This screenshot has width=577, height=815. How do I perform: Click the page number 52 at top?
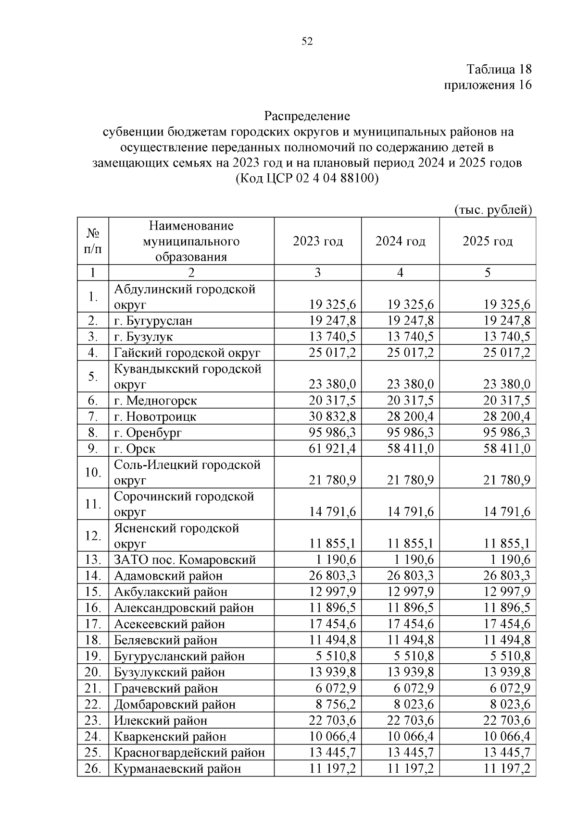[307, 42]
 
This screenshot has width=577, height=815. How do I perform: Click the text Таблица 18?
[499, 69]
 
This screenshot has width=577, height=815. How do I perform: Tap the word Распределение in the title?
[307, 116]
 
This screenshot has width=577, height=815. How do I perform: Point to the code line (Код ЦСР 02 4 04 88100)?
[307, 179]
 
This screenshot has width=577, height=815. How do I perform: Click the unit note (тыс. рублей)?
[493, 210]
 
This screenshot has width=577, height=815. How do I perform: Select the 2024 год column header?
[400, 241]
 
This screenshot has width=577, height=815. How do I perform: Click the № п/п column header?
[93, 241]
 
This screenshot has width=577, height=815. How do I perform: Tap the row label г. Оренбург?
[148, 433]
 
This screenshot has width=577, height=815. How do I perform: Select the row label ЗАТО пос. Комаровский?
[185, 560]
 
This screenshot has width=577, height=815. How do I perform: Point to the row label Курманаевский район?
[177, 769]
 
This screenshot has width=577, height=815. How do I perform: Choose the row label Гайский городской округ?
[187, 353]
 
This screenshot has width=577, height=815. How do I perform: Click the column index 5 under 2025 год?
[488, 273]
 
